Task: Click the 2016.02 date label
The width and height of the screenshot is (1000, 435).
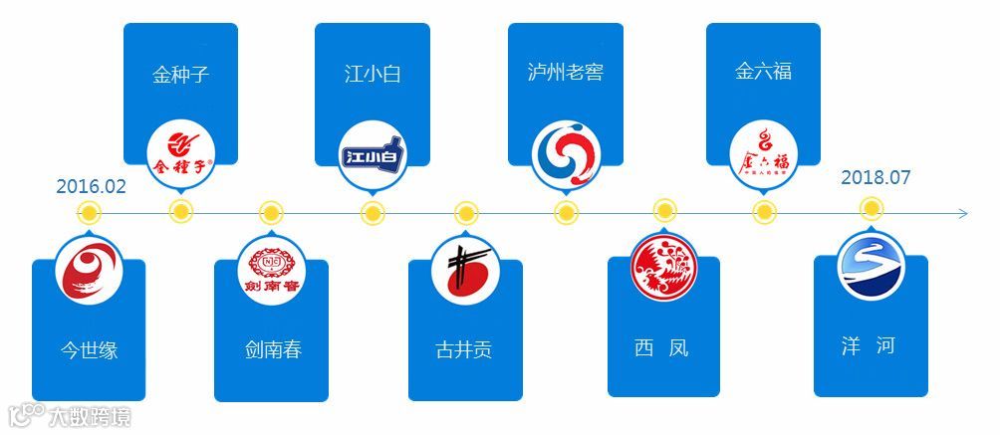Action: (91, 186)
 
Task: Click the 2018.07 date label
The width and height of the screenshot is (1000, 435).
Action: (875, 177)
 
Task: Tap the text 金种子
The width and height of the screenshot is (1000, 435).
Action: (180, 74)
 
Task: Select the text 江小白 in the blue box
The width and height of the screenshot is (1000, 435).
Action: (372, 74)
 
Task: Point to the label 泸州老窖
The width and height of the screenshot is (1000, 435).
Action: (565, 73)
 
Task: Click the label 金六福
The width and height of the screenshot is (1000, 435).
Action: (763, 72)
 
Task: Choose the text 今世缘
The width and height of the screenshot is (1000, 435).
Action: (89, 349)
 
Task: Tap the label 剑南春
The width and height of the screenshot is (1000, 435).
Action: (272, 349)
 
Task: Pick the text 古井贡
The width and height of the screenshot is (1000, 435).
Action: (464, 349)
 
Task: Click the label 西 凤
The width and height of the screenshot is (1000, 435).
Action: (661, 348)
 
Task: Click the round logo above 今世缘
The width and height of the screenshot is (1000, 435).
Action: (90, 270)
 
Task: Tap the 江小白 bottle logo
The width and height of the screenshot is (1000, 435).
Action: (372, 153)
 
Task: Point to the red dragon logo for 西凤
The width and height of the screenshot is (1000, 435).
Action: (663, 266)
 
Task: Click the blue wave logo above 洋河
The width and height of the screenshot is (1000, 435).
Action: (871, 266)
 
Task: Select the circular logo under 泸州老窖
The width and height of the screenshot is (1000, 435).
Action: (566, 154)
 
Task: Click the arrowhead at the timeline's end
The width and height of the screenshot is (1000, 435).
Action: (961, 213)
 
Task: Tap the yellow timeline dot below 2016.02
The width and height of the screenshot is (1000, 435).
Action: (90, 212)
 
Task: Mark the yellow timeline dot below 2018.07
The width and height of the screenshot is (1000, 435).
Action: (872, 208)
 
